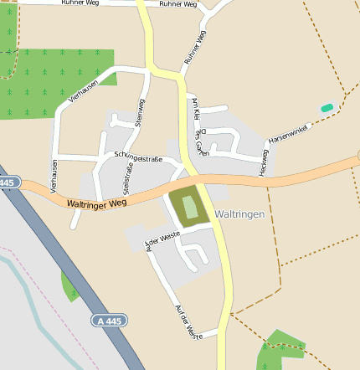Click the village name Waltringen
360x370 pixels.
point(239,214)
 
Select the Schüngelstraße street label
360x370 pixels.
point(137,157)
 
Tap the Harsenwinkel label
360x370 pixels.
point(289,132)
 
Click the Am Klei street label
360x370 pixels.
point(193,106)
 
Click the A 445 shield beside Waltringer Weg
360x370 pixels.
point(8,182)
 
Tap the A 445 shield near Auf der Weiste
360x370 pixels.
point(110,321)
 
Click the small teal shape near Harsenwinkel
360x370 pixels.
point(327,107)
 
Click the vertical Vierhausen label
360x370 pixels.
point(54,177)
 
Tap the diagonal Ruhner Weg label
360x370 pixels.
point(195,48)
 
